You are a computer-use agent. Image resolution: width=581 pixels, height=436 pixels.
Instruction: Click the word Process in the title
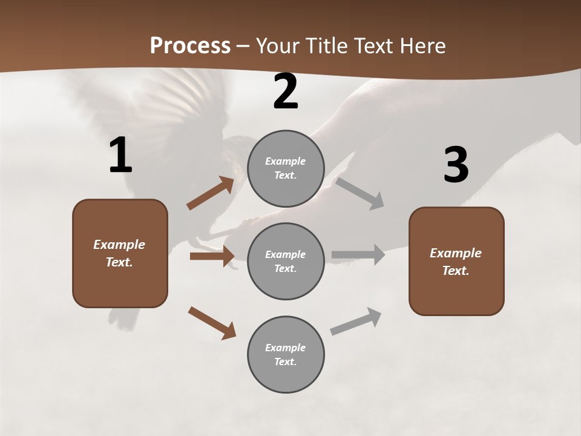190,46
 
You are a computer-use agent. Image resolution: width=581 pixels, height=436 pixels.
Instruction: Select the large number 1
120,156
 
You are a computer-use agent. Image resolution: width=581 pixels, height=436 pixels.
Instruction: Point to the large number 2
286,92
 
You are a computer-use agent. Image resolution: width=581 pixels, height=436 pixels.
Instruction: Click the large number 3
456,165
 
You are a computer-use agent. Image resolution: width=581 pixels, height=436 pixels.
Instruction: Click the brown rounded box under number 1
120,253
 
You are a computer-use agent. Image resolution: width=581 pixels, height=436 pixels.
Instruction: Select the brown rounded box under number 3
456,261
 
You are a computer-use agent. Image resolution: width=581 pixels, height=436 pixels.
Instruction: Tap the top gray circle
286,168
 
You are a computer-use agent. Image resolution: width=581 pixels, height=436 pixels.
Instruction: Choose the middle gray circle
286,261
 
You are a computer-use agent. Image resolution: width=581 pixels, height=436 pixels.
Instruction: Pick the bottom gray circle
286,354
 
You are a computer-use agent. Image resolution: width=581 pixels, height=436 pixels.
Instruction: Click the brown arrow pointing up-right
211,193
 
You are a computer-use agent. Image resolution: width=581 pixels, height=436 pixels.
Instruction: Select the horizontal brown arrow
212,256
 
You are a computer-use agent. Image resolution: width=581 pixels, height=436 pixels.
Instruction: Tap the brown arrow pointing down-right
212,322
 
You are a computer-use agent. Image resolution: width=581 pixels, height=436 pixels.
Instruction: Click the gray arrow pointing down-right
359,193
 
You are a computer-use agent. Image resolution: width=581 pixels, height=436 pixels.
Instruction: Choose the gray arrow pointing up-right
356,322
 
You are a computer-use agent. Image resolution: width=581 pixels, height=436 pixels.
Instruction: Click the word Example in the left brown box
119,245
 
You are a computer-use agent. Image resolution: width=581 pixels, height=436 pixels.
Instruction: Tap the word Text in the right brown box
455,271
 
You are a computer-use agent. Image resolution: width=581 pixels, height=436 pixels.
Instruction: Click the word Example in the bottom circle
285,348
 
